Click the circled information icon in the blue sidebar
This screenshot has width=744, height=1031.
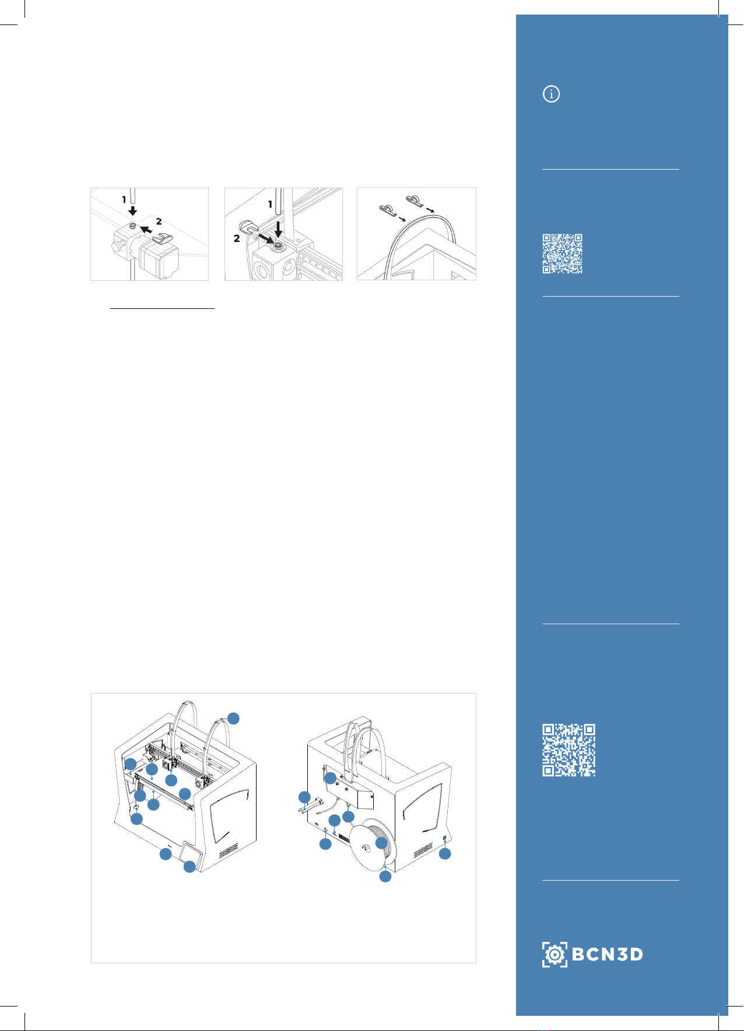[x=551, y=94]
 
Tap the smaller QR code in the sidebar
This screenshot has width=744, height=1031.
[x=563, y=254]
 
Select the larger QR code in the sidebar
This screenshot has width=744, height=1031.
[x=569, y=750]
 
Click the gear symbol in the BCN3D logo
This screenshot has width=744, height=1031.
[x=555, y=954]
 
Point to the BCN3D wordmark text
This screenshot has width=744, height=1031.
[x=608, y=954]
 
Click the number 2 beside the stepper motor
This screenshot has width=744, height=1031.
[x=159, y=221]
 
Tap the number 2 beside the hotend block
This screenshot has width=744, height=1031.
[x=237, y=238]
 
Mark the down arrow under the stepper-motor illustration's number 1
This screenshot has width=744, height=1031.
[x=133, y=210]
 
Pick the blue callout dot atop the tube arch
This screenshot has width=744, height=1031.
[x=233, y=718]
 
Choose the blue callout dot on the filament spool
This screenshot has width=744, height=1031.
[x=381, y=843]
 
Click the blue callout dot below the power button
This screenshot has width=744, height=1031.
[x=445, y=854]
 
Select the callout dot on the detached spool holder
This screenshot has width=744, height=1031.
[x=304, y=797]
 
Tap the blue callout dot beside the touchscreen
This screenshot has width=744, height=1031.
[x=189, y=867]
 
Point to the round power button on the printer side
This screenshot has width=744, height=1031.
[x=445, y=838]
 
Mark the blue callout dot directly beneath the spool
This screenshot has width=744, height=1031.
[x=385, y=877]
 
